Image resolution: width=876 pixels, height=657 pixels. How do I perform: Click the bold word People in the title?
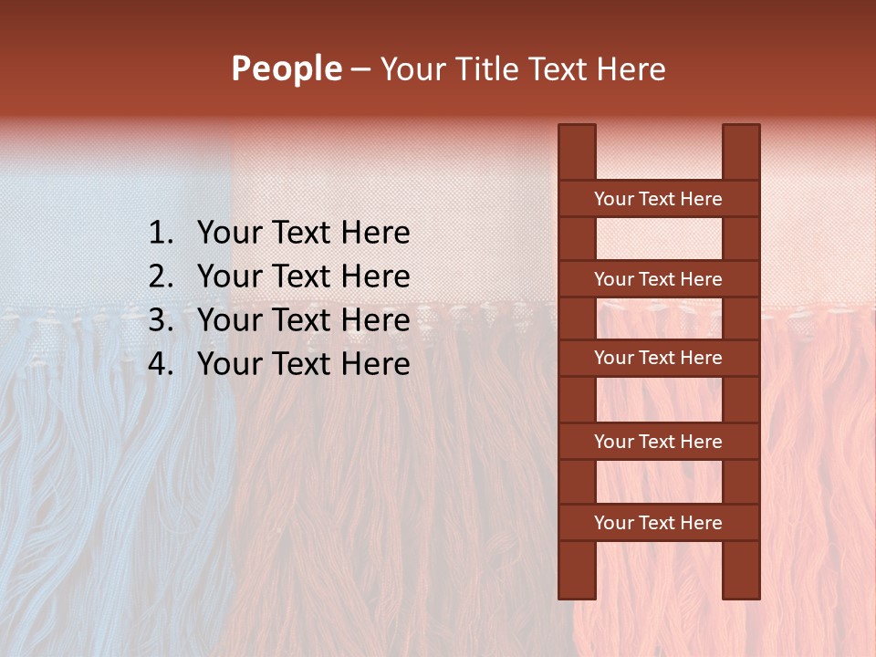coord(287,69)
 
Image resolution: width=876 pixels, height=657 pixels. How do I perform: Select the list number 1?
coord(160,234)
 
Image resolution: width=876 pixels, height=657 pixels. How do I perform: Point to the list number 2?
coord(160,276)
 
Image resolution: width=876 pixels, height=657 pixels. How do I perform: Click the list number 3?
coord(160,320)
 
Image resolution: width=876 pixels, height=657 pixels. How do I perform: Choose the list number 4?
coord(160,364)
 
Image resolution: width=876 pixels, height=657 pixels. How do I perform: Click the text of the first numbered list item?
coord(303,234)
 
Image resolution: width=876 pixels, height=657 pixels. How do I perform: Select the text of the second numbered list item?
coord(303,276)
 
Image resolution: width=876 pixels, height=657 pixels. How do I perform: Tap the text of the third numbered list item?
coord(303,320)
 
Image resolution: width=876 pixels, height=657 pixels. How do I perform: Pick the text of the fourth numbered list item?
coord(303,364)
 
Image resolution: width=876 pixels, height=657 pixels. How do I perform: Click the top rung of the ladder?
coord(658,199)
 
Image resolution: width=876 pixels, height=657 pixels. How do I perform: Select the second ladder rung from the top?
coord(658,279)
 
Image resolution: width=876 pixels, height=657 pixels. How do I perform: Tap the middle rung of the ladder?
coord(658,359)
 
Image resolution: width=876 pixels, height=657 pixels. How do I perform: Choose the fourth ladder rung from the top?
coord(658,442)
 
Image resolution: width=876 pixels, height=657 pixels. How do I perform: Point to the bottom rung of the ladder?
coord(658,523)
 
